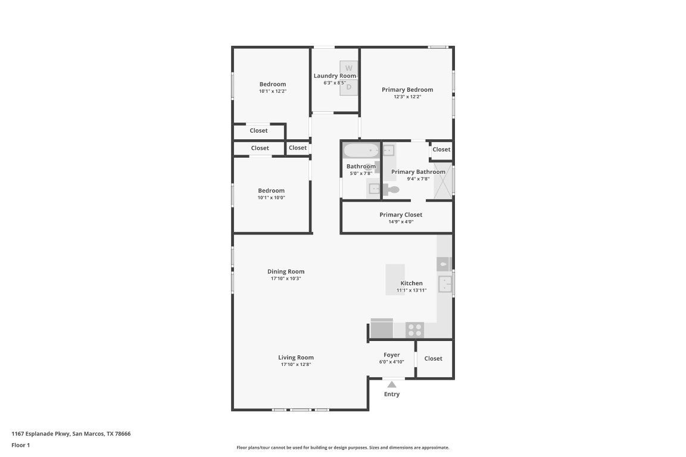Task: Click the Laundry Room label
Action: coord(335,76)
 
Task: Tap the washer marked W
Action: coord(349,68)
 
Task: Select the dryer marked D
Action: coord(349,87)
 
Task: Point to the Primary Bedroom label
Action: coord(407,90)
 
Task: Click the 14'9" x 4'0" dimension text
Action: coord(401,222)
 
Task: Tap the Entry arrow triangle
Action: coord(392,384)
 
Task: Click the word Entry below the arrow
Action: coord(392,394)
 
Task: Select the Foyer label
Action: coord(392,355)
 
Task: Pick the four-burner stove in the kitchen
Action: coord(414,329)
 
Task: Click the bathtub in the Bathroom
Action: coord(361,151)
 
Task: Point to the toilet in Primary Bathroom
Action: coord(391,190)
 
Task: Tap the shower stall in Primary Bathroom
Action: coord(443,181)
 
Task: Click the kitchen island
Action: coord(395,280)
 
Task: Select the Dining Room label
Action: coord(286,271)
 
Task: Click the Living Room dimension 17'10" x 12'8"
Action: coord(296,364)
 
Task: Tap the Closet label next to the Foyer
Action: coord(433,359)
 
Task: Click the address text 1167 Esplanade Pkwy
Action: coord(40,434)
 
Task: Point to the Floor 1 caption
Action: coord(21,445)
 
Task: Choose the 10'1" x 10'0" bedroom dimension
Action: coord(272,198)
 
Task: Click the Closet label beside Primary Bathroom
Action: coord(441,149)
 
